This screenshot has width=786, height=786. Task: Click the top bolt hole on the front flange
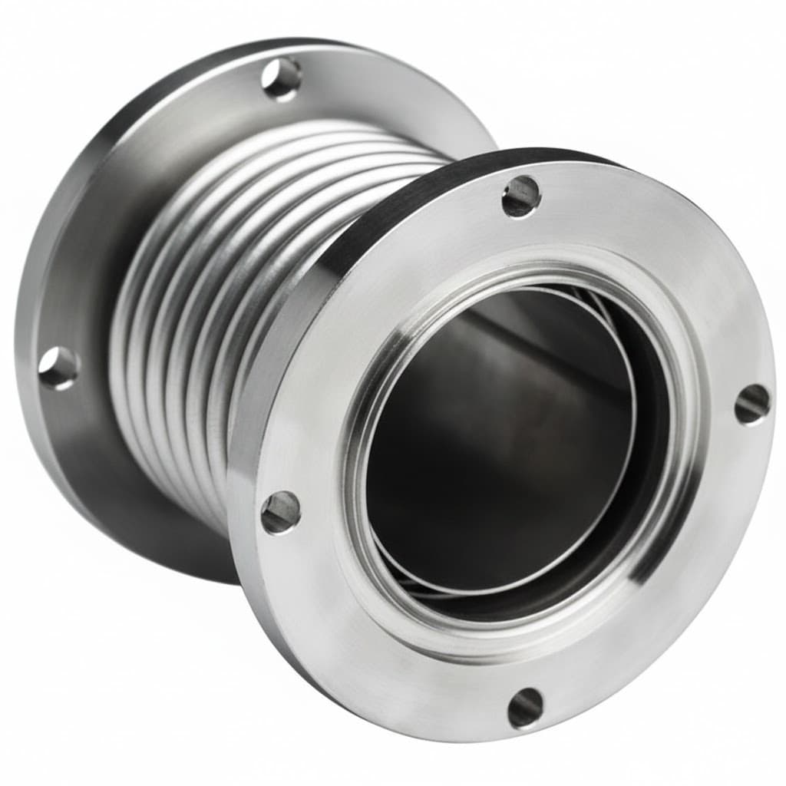click(522, 196)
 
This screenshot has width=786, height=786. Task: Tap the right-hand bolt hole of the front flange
click(751, 404)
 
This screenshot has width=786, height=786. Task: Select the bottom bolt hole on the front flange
click(526, 707)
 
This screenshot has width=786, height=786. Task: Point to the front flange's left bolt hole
click(280, 512)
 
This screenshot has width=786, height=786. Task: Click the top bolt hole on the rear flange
click(282, 78)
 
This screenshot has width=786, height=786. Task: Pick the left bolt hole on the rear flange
click(58, 368)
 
